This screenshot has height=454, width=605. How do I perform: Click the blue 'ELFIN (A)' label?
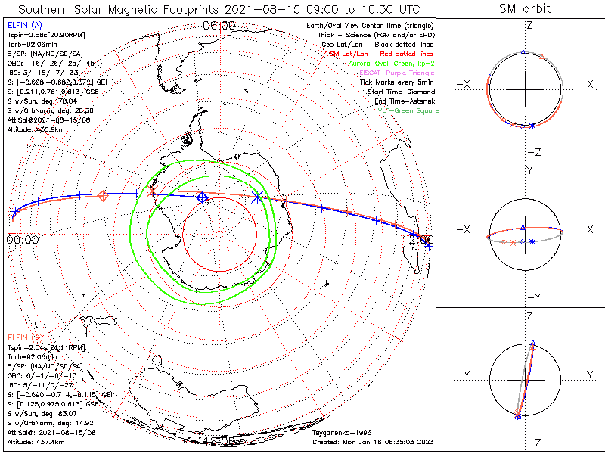[x=23, y=26]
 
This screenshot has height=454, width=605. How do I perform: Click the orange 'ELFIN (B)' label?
[x=23, y=337]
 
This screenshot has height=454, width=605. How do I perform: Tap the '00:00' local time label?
[x=22, y=240]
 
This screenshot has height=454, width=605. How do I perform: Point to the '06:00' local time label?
[x=219, y=26]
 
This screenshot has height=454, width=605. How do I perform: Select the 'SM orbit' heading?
[x=525, y=9]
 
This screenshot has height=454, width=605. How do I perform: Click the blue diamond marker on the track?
[x=202, y=197]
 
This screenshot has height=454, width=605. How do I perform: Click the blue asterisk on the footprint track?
[x=257, y=197]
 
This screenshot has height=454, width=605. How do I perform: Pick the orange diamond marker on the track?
[x=102, y=196]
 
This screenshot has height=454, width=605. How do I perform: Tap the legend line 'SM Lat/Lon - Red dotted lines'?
[x=385, y=54]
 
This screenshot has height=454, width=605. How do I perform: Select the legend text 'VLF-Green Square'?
[x=408, y=111]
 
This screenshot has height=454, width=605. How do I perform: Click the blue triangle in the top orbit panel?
[x=523, y=52]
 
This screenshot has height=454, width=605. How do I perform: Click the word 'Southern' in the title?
[x=47, y=9]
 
